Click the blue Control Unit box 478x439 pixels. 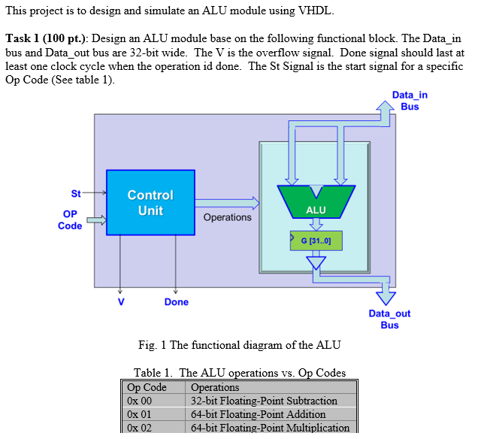pyautogui.click(x=150, y=202)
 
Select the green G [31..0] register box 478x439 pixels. pyautogui.click(x=316, y=241)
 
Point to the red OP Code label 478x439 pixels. pyautogui.click(x=70, y=219)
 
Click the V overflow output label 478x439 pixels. pyautogui.click(x=120, y=301)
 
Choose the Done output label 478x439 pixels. pyautogui.click(x=177, y=302)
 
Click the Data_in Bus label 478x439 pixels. pyautogui.click(x=410, y=101)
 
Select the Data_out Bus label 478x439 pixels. pyautogui.click(x=389, y=319)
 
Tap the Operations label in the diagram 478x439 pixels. pyautogui.click(x=228, y=217)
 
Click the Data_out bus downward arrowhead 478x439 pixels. pyautogui.click(x=386, y=296)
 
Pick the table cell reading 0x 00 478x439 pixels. pyautogui.click(x=140, y=401)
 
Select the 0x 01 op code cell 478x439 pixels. pyautogui.click(x=140, y=414)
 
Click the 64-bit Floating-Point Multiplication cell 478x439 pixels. pyautogui.click(x=270, y=428)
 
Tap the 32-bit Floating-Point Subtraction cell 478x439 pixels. pyautogui.click(x=264, y=401)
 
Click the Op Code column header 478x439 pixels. pyautogui.click(x=147, y=387)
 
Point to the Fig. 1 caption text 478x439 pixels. pyautogui.click(x=239, y=345)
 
